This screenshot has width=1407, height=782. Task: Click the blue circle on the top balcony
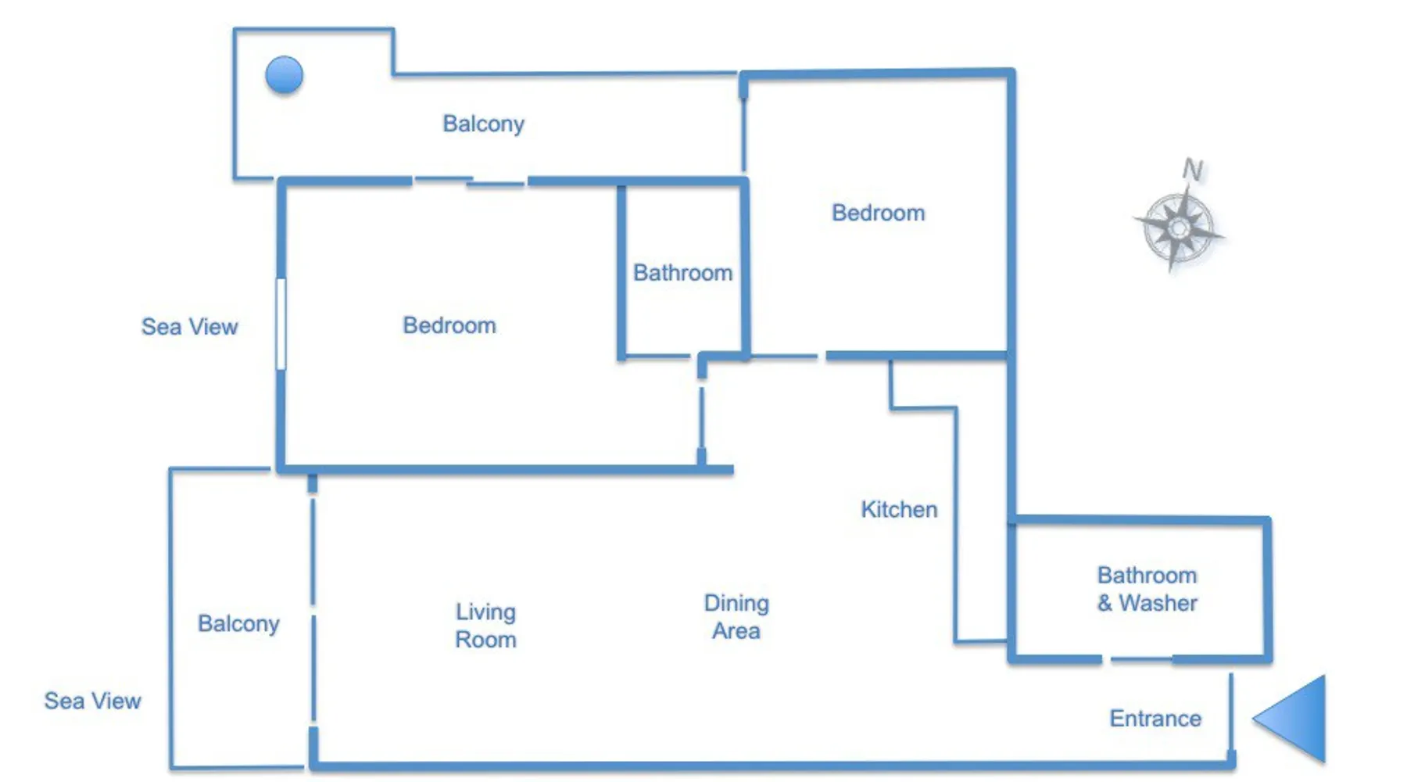pos(284,75)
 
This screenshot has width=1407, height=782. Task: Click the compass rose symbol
pos(1179,229)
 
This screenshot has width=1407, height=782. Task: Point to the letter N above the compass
pos(1193,170)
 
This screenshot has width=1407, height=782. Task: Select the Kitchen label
pos(899,510)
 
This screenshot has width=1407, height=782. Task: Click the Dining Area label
pos(736,617)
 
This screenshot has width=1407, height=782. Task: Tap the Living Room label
pos(485,626)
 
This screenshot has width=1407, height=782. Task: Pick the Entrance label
pos(1155,719)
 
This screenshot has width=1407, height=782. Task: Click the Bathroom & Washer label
pos(1147,589)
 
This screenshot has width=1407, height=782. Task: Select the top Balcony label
pos(483,124)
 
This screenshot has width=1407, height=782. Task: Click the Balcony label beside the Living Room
pos(238,623)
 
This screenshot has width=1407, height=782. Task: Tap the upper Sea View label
pos(189,327)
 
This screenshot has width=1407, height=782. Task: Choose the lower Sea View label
pos(92,701)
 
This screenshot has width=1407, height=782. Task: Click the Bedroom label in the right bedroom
pos(878,213)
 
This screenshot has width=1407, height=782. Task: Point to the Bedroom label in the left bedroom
pos(449,325)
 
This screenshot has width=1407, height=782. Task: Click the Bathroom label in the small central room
pos(682,273)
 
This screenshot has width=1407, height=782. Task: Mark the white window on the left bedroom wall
pos(281,324)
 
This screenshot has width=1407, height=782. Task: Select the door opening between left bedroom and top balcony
pos(469,181)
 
